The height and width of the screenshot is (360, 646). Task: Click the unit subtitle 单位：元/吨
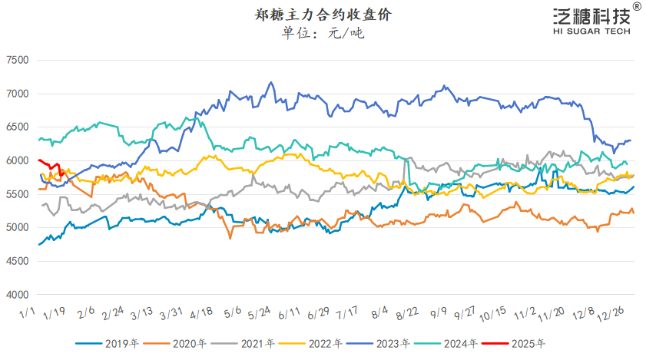coord(323,34)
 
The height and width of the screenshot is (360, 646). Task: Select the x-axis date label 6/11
coord(289,314)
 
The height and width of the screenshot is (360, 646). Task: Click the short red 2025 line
coord(49,164)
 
